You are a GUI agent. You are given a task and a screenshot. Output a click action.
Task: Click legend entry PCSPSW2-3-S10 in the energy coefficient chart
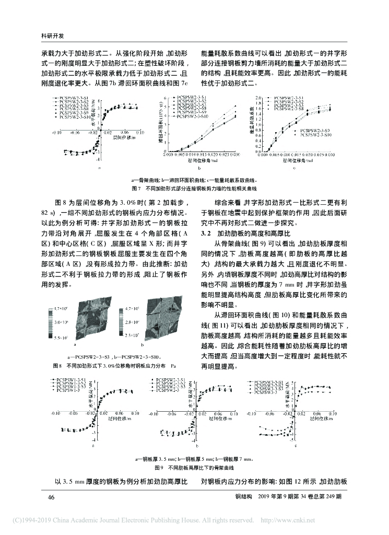315,135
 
